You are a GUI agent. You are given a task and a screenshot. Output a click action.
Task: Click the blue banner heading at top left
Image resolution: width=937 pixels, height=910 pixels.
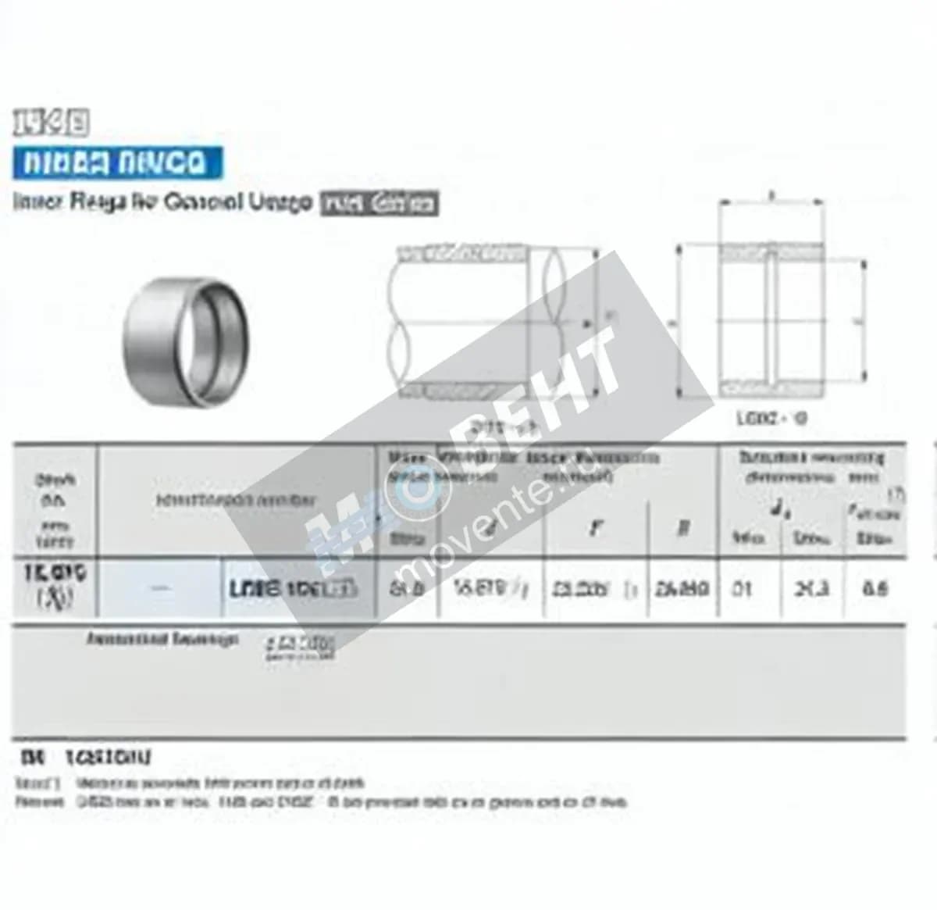[117, 163]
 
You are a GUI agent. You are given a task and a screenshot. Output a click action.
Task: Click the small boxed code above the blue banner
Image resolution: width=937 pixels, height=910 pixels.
[51, 123]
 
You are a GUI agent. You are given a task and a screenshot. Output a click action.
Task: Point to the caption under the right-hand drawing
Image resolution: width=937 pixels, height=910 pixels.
[771, 419]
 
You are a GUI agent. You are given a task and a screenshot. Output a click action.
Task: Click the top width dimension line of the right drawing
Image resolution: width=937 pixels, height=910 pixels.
[771, 202]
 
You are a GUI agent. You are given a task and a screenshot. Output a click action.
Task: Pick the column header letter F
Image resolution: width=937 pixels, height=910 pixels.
[596, 529]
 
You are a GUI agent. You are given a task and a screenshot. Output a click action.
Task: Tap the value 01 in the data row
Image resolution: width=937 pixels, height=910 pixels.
[741, 589]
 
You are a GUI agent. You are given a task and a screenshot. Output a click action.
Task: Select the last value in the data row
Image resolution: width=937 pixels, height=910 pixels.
[875, 589]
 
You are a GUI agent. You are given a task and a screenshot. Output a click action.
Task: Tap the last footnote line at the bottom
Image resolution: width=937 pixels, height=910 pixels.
[320, 802]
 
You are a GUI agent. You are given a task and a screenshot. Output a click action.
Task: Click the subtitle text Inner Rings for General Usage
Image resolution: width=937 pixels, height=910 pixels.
[162, 202]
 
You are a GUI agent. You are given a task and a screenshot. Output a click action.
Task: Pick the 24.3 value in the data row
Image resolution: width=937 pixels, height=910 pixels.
[811, 589]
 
